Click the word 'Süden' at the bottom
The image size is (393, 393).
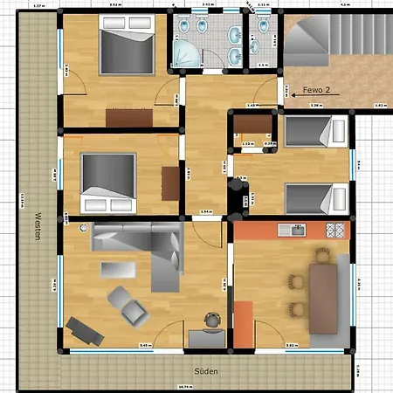[x=205, y=371]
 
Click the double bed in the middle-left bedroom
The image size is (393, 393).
[x=108, y=183]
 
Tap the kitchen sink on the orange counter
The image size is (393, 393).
[x=297, y=230]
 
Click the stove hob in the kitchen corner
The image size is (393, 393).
[x=334, y=230]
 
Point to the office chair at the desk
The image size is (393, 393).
[x=210, y=320]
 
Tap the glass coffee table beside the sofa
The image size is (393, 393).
[x=113, y=268]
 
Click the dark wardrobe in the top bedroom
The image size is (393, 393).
[x=130, y=115]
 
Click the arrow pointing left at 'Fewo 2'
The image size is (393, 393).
[x=292, y=91]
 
